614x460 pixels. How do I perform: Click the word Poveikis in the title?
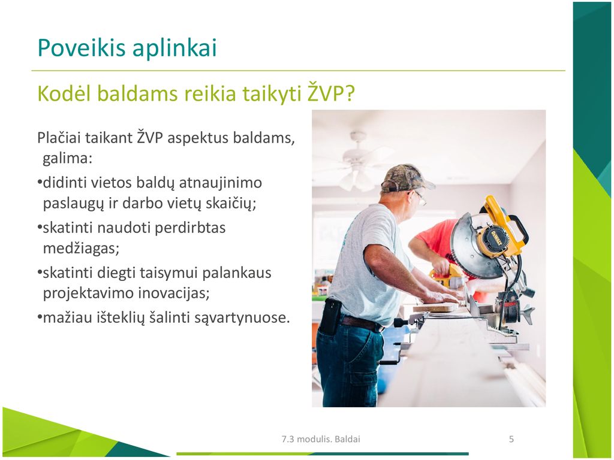(82, 48)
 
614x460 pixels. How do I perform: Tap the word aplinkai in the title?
(174, 49)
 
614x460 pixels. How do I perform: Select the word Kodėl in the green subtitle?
(64, 93)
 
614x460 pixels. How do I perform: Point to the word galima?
(67, 158)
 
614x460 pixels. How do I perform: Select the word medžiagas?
(81, 249)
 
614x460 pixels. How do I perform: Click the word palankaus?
(236, 273)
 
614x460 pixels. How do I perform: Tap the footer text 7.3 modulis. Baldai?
(321, 439)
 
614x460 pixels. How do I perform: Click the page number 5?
(511, 439)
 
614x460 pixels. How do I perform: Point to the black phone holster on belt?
(330, 316)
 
